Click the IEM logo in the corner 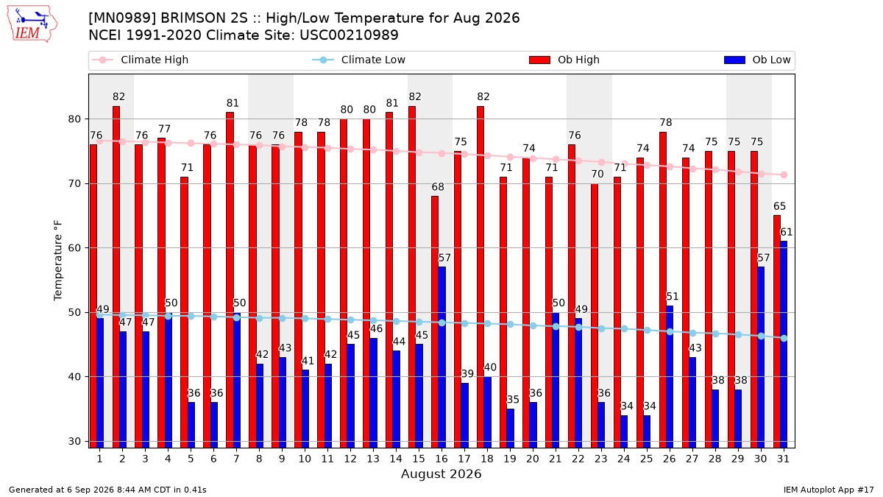click(x=32, y=24)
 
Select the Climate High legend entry click(x=140, y=60)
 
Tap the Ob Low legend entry click(x=757, y=60)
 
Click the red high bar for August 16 click(x=434, y=322)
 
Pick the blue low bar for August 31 click(x=784, y=345)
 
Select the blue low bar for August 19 click(x=510, y=429)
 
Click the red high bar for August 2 click(x=116, y=277)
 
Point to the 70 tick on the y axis click(x=74, y=184)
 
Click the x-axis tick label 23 click(x=600, y=459)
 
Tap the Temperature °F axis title click(x=58, y=261)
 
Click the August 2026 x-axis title click(x=441, y=473)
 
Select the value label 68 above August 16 click(x=438, y=186)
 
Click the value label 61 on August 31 click(x=786, y=232)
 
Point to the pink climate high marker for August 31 click(x=784, y=175)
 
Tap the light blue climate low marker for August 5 click(x=191, y=316)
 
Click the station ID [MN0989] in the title click(x=122, y=18)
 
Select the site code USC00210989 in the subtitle click(x=349, y=35)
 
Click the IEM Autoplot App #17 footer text click(x=829, y=490)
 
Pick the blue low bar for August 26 click(x=670, y=377)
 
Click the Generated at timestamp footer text click(x=107, y=490)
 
